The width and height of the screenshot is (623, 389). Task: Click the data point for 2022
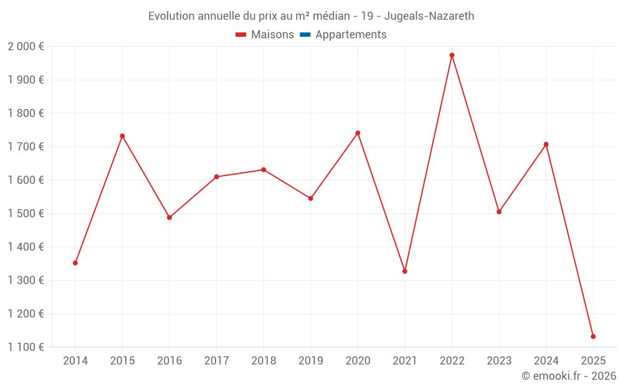[x=452, y=55]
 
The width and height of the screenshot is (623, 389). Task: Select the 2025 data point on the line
[x=593, y=337]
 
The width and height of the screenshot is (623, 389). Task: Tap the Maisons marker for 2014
[x=75, y=263]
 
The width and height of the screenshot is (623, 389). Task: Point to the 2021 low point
[x=405, y=271]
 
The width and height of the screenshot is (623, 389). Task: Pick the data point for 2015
[x=122, y=136]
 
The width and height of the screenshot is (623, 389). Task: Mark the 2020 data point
[x=358, y=133]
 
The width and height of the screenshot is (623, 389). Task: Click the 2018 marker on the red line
[x=264, y=170]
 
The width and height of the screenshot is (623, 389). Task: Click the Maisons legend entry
[x=265, y=35]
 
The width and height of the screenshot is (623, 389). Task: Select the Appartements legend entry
[x=350, y=35]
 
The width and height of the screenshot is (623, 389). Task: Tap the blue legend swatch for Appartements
[x=305, y=35]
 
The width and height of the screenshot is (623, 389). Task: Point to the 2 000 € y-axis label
[x=26, y=47]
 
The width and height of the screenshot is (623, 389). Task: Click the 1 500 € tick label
[x=26, y=213]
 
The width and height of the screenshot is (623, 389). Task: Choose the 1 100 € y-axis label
[x=26, y=347]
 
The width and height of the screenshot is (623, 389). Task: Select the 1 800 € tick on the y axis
[x=26, y=113]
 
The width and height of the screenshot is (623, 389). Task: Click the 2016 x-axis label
[x=169, y=361]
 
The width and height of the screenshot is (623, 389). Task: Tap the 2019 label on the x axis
[x=311, y=361]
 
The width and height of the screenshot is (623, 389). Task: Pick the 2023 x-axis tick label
[x=499, y=361]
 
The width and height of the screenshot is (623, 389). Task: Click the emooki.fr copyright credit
[x=568, y=376]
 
